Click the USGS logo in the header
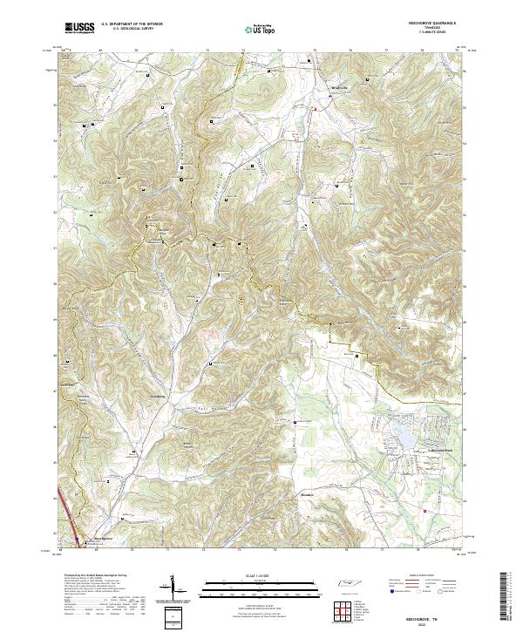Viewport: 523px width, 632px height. click(x=79, y=28)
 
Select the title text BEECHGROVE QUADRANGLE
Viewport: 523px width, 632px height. click(x=426, y=24)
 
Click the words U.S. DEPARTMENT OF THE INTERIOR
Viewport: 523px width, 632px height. click(x=132, y=24)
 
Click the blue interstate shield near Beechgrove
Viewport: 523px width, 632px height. click(x=76, y=540)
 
